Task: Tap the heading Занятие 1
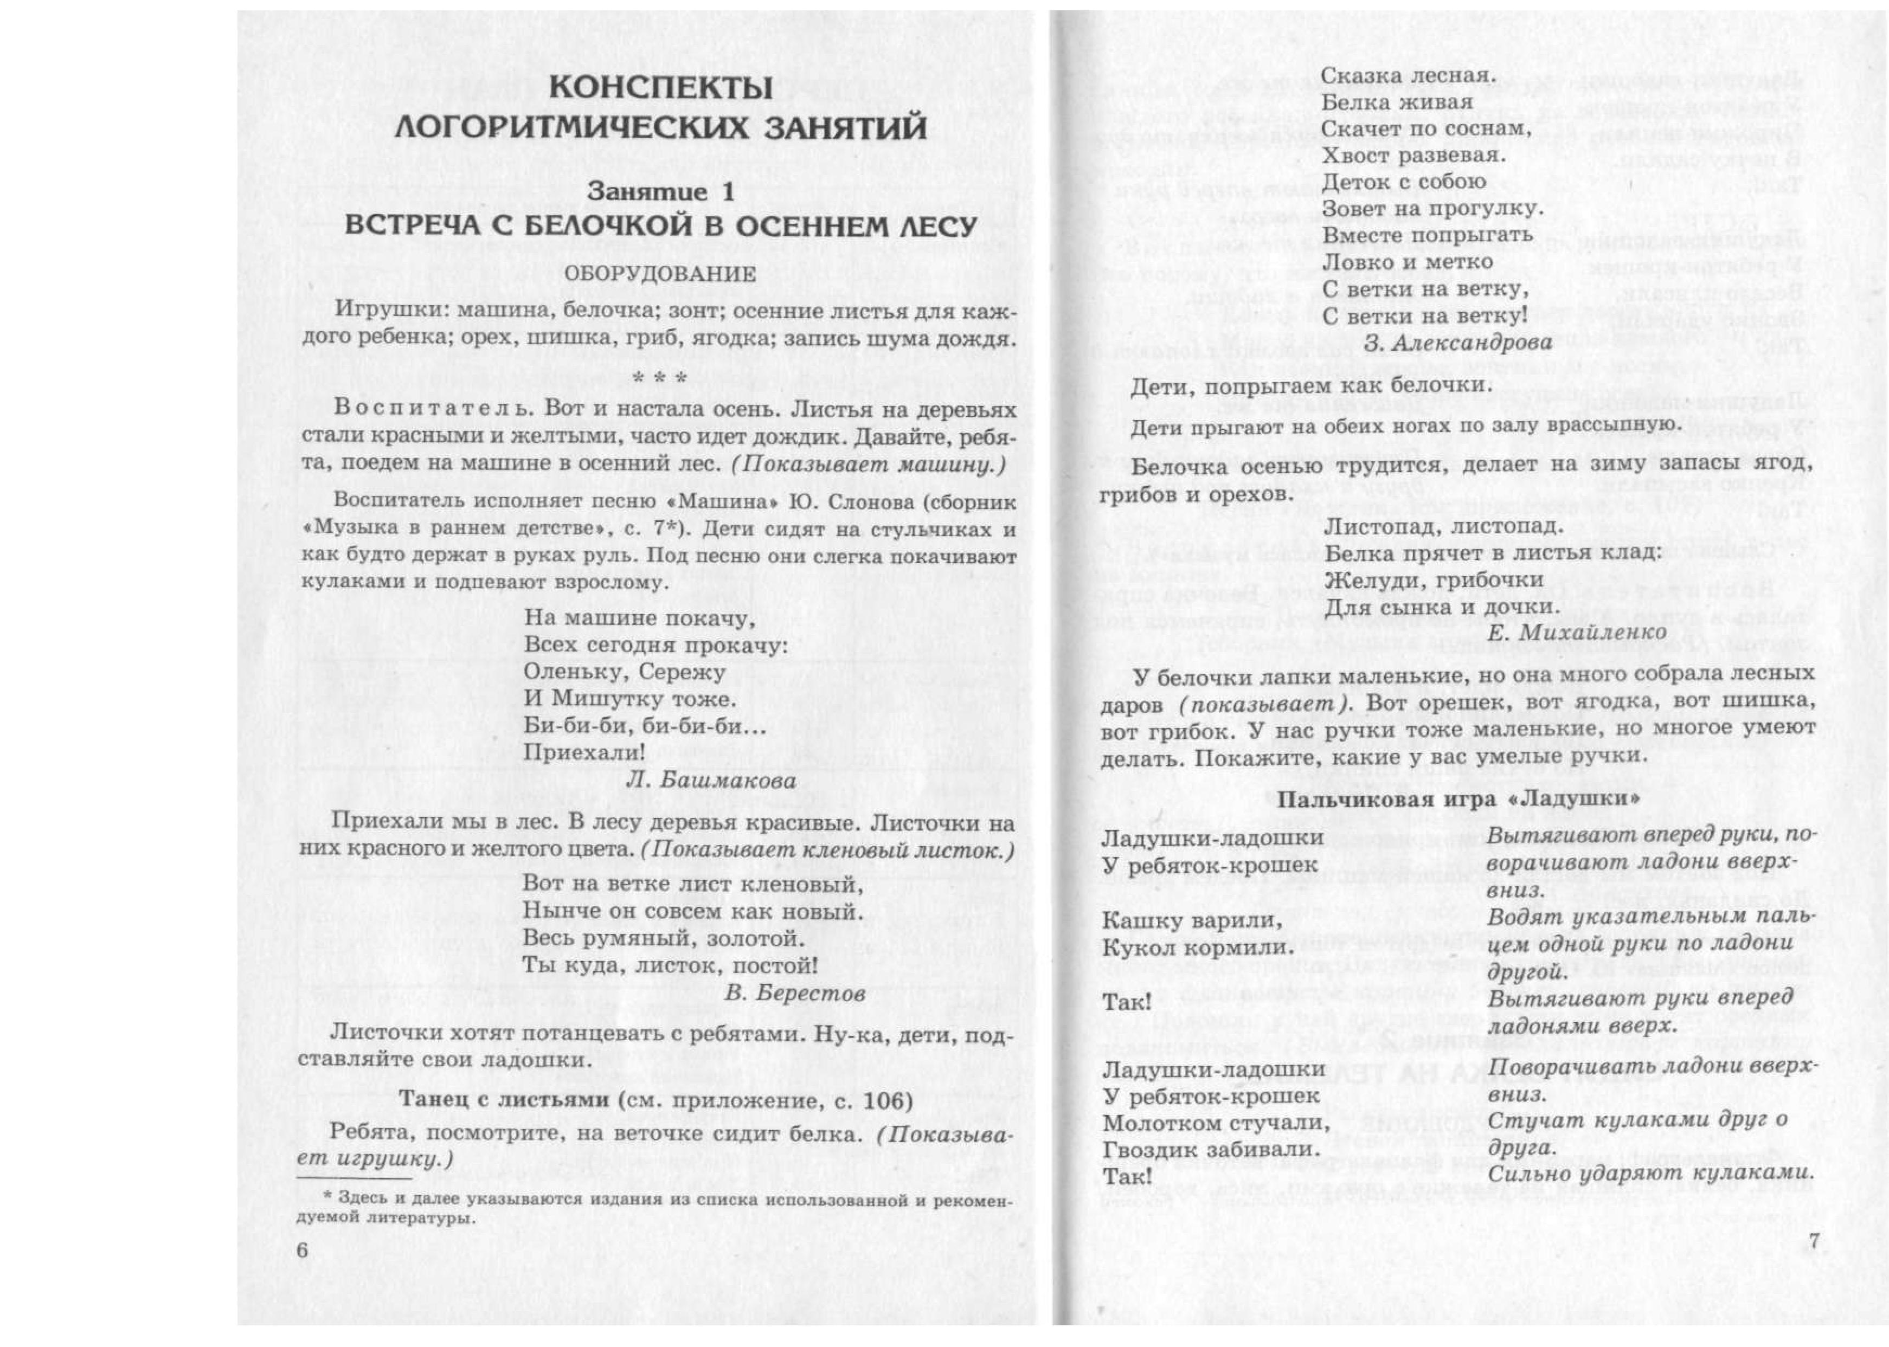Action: tap(660, 191)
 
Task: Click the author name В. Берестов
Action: tap(795, 993)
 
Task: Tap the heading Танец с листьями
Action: tap(506, 1101)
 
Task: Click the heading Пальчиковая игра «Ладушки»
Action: tap(1457, 799)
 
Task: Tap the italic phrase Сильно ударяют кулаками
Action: tap(1647, 1174)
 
